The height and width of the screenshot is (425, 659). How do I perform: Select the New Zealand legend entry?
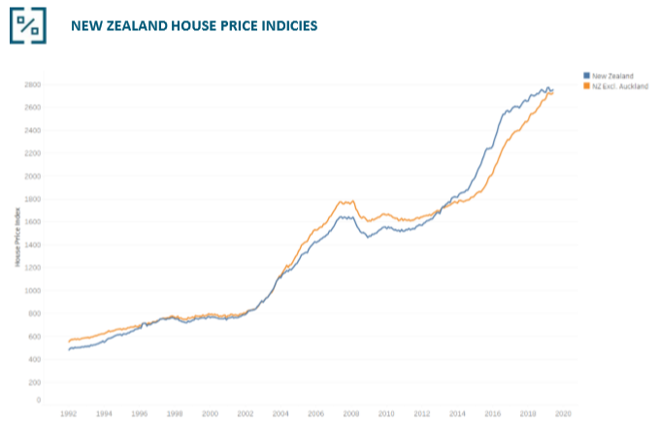(x=611, y=75)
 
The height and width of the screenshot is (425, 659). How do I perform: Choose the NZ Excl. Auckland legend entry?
(x=617, y=85)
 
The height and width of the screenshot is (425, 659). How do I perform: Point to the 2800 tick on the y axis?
(x=32, y=84)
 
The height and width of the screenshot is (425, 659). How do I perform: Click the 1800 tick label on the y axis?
(x=32, y=199)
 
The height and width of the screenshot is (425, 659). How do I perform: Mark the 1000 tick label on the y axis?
(x=32, y=290)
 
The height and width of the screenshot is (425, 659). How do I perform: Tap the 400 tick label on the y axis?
(x=34, y=359)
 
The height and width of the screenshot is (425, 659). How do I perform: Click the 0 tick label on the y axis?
(x=38, y=399)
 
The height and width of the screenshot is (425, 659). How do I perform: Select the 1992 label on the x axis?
(x=70, y=413)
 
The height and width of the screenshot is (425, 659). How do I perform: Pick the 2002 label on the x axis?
(x=246, y=413)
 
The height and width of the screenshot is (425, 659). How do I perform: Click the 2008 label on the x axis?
(x=350, y=413)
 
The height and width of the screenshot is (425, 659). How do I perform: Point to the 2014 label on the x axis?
(x=456, y=413)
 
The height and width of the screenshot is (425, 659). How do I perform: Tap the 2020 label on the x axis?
(x=562, y=413)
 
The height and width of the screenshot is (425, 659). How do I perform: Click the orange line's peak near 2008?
(x=342, y=201)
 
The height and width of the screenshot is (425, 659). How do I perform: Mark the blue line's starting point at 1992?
(x=69, y=348)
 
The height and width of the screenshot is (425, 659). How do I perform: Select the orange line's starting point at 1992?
(x=69, y=341)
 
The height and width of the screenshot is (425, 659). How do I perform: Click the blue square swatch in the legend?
(x=586, y=75)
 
